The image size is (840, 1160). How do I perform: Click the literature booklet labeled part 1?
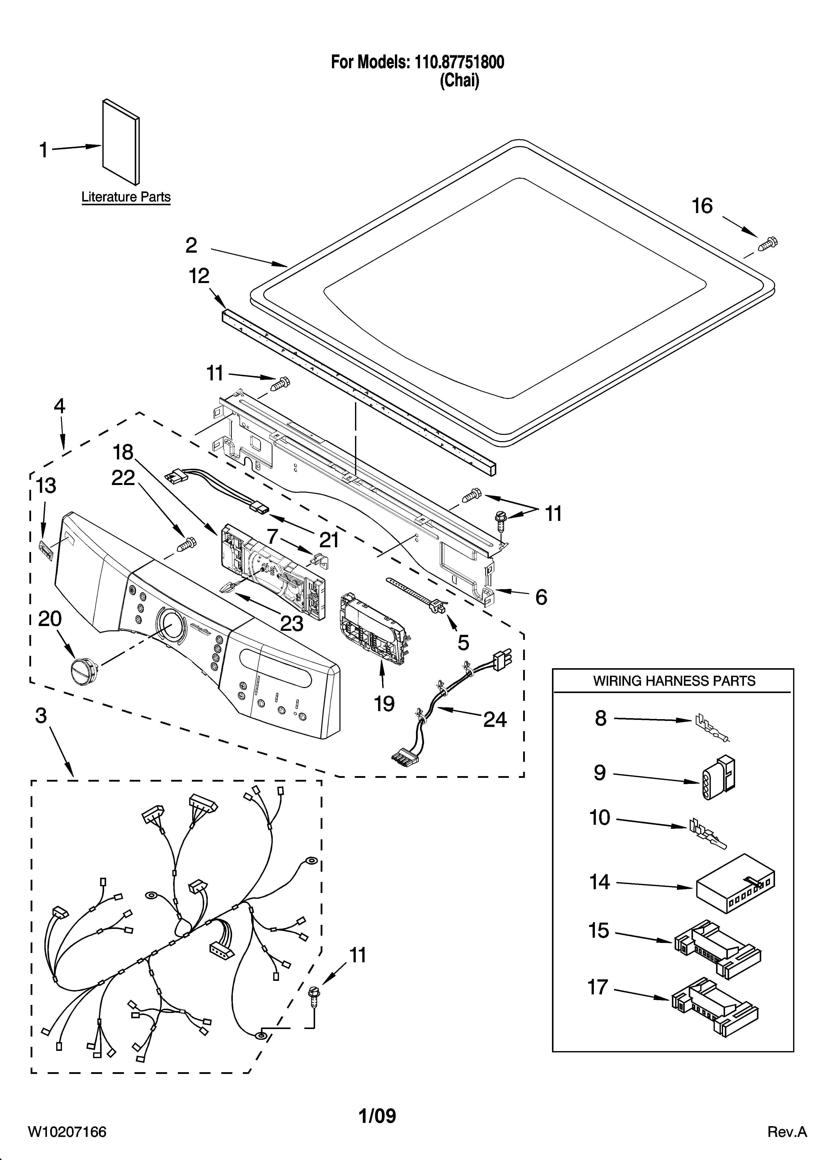point(121,142)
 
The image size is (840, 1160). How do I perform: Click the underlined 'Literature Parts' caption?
point(126,197)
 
